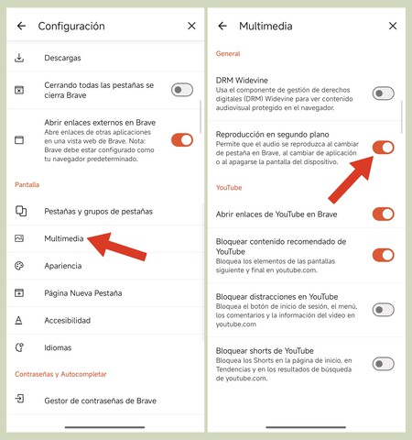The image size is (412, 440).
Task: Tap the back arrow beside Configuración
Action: [x=21, y=27]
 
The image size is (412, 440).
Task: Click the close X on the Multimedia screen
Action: [x=393, y=27]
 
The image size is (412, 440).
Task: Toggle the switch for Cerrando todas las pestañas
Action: [x=182, y=90]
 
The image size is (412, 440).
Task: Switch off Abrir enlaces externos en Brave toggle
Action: [x=182, y=140]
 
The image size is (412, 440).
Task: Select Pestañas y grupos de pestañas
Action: [x=98, y=212]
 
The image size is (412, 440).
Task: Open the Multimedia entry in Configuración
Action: [x=64, y=238]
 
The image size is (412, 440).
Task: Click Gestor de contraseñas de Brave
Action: [x=100, y=400]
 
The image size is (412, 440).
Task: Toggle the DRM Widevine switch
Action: [x=383, y=93]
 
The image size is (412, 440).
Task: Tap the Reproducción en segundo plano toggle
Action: [x=383, y=148]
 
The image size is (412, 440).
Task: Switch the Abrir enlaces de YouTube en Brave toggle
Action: [x=383, y=214]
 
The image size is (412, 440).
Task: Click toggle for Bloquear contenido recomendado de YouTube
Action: [x=383, y=255]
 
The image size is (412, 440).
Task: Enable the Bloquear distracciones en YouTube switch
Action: [x=383, y=310]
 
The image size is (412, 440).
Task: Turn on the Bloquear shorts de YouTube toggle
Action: [x=383, y=364]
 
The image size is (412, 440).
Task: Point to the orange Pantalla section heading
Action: [x=27, y=185]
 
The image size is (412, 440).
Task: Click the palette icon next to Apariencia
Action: [x=20, y=266]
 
